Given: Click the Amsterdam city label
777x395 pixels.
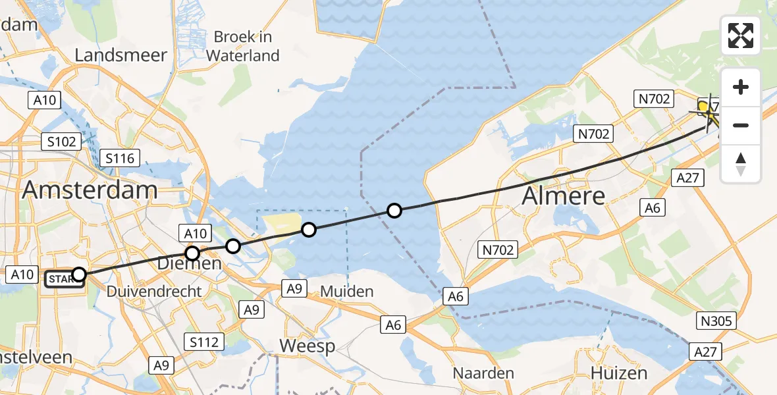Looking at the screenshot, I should coord(90,190).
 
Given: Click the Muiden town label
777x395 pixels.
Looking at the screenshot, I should coord(346,291).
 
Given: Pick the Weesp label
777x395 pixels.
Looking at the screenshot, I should coord(307,346).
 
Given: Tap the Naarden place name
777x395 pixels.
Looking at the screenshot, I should coord(483,373).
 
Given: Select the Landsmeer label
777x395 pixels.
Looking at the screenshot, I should coord(121,55).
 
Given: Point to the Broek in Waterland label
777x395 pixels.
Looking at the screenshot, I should coord(243,46).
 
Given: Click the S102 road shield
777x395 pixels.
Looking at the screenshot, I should coord(62,141).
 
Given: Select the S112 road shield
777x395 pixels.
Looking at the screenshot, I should coord(205,342).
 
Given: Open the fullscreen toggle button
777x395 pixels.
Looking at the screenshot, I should coord(741,36).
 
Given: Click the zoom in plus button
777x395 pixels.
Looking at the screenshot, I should coord(741,87).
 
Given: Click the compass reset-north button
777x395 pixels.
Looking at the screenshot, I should coord(741,163).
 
